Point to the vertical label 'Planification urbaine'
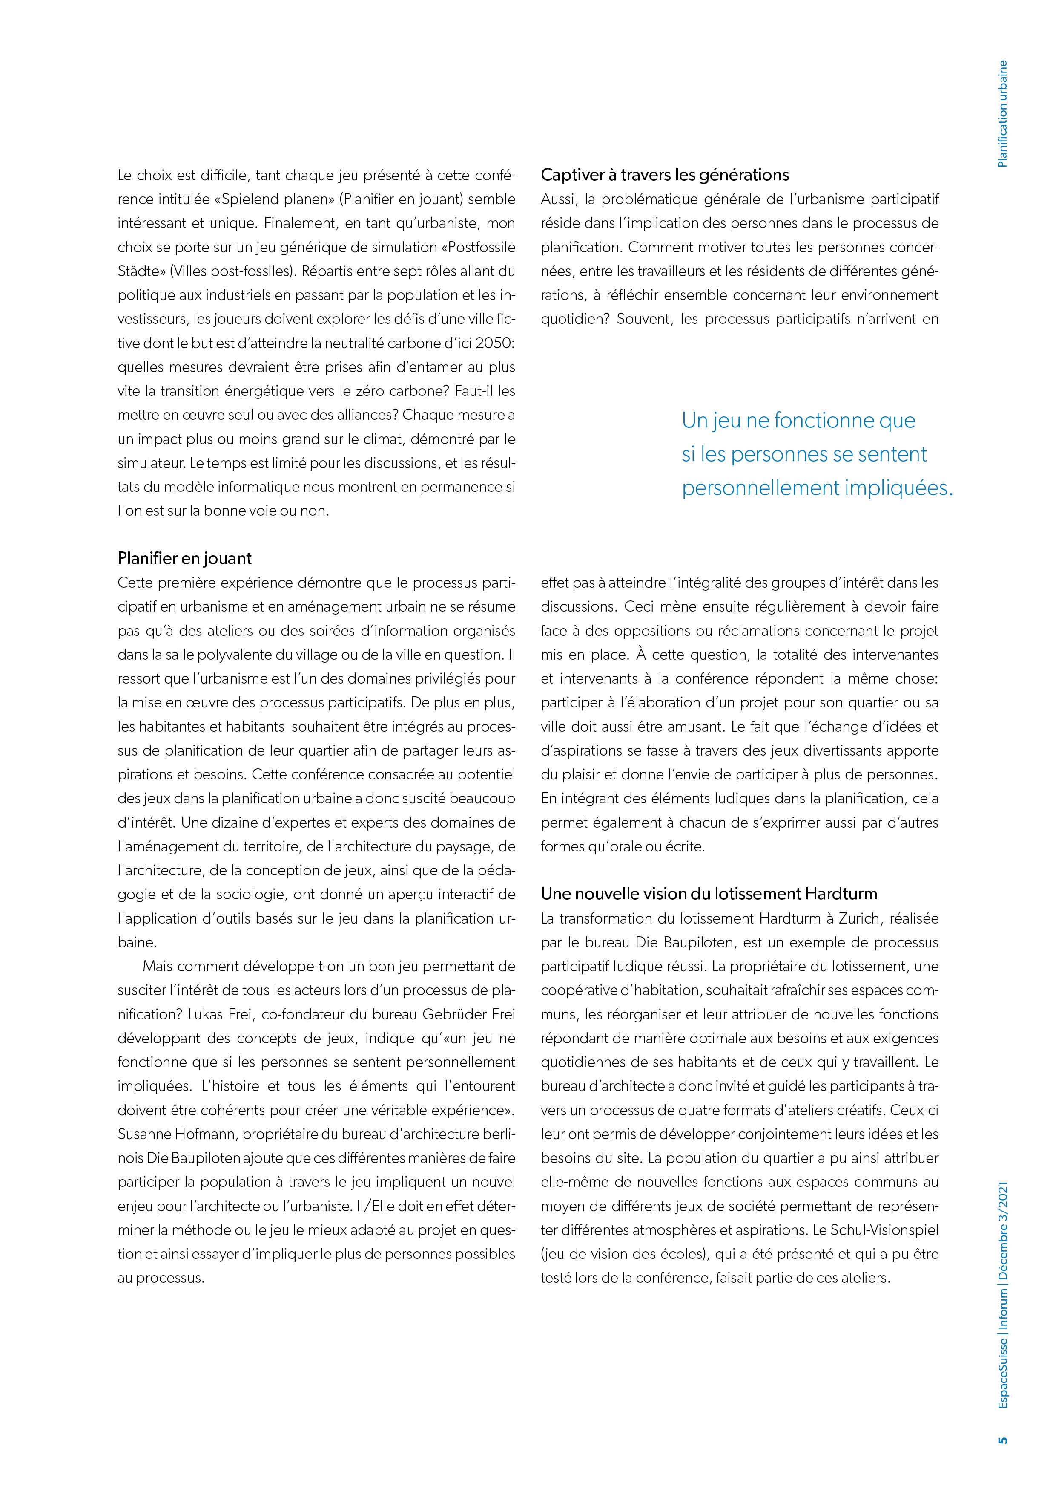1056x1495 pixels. tap(1003, 114)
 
